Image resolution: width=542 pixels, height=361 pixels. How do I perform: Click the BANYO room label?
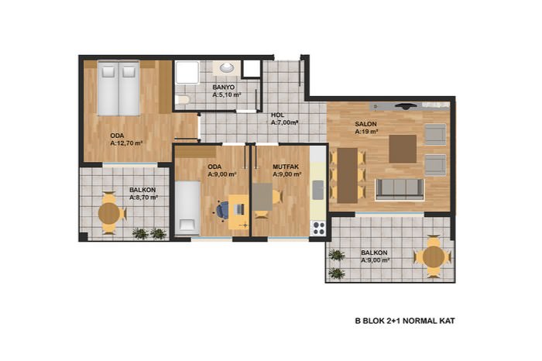click(223, 87)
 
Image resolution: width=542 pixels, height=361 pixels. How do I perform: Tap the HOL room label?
click(277, 115)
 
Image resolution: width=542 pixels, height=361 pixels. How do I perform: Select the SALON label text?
click(365, 124)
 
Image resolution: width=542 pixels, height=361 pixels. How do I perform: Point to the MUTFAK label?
click(286, 167)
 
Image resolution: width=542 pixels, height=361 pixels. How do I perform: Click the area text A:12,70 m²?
click(126, 143)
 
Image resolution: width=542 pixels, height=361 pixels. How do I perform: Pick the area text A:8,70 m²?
click(144, 198)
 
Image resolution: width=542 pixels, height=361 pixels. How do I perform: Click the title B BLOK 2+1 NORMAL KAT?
click(405, 321)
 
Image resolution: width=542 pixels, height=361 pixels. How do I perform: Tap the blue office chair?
click(222, 209)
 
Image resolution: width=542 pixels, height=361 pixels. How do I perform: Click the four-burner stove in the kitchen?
click(318, 228)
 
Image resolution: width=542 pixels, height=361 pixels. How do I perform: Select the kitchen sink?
click(318, 190)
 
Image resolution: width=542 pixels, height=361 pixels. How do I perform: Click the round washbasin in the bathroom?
click(227, 67)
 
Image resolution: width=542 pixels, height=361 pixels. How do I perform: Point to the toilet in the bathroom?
click(182, 100)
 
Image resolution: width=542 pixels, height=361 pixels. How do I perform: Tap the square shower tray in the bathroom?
click(187, 72)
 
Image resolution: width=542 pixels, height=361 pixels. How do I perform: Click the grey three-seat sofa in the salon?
click(400, 189)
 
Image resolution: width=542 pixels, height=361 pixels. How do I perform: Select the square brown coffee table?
click(403, 149)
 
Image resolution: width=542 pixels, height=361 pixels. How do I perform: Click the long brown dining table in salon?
click(348, 175)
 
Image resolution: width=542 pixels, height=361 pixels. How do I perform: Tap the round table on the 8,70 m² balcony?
click(109, 213)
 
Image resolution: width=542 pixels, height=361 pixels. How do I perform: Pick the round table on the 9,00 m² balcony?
click(433, 257)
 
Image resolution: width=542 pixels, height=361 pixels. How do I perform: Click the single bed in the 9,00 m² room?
click(187, 208)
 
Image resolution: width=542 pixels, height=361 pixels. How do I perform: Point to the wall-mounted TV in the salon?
click(406, 106)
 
